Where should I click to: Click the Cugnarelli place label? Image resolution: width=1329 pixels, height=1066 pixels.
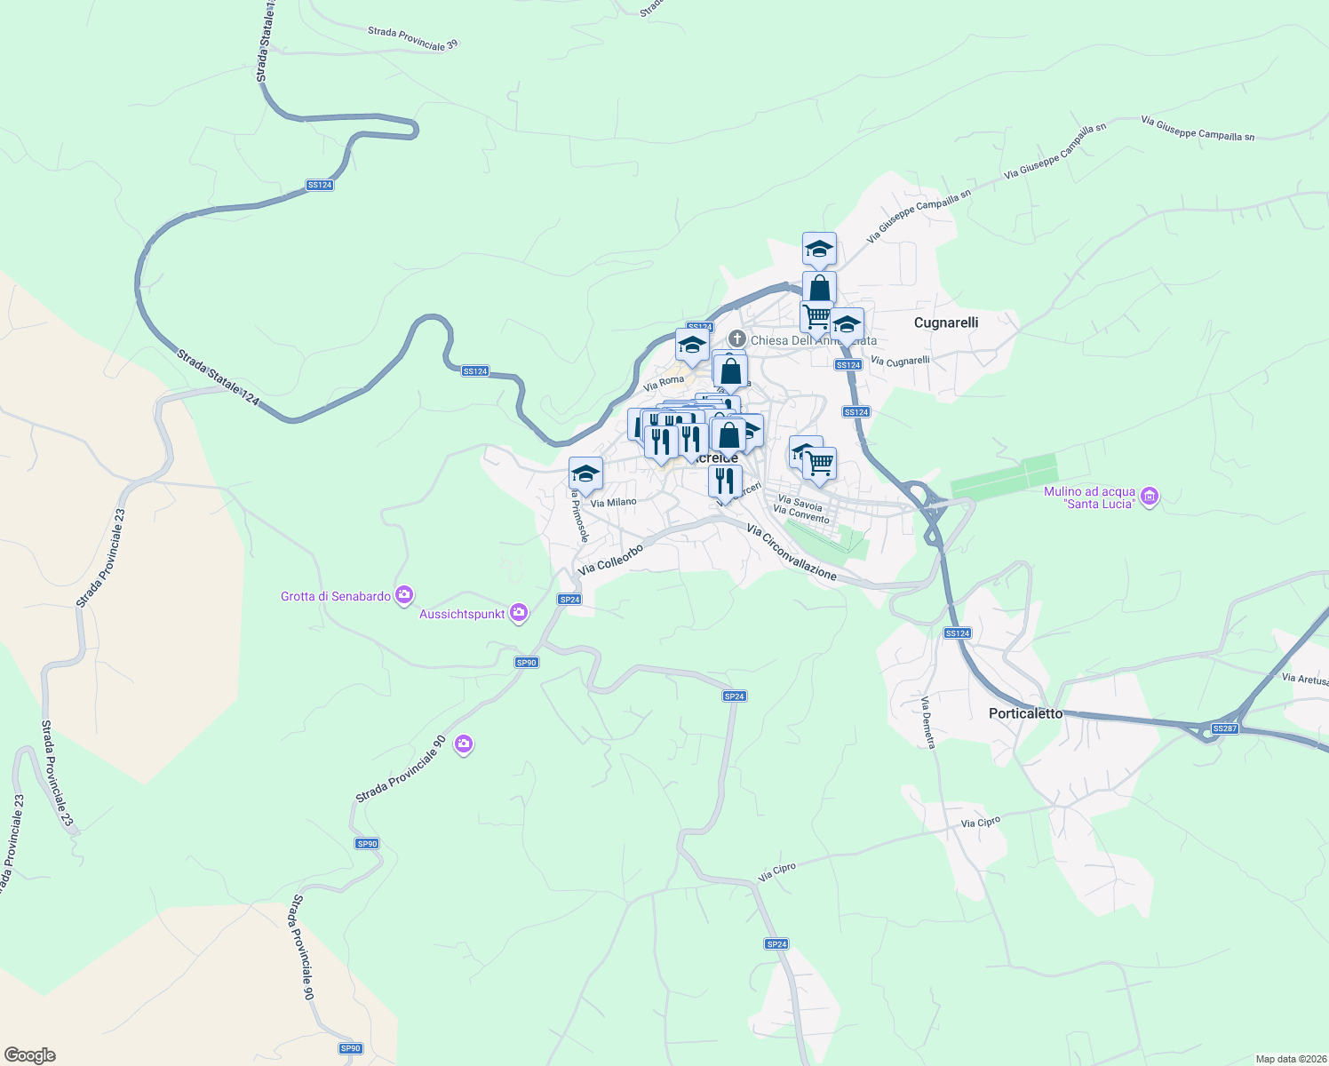tap(946, 322)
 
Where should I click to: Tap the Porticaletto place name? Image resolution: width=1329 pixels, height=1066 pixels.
tap(1025, 713)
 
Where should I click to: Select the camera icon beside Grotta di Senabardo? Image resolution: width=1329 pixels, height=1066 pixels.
tap(405, 594)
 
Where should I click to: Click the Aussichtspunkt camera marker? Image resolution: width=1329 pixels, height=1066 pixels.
tap(519, 612)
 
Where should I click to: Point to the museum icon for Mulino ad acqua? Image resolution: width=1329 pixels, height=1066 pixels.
tap(1150, 496)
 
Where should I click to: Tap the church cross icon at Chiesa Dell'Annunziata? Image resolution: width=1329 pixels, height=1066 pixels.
tap(736, 338)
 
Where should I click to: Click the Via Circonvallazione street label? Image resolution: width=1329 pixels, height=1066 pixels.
tap(792, 553)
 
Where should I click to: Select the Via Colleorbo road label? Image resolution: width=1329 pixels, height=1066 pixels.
tap(609, 560)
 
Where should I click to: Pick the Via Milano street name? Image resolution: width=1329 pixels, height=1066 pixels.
tap(613, 503)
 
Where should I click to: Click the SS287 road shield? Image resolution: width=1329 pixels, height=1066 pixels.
tap(1224, 728)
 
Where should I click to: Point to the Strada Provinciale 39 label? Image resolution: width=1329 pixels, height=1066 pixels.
tap(412, 38)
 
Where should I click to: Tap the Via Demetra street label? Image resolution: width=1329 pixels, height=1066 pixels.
tap(928, 722)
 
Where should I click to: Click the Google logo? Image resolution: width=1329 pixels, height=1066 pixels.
tap(29, 1055)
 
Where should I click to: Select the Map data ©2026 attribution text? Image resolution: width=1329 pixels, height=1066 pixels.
tap(1288, 1059)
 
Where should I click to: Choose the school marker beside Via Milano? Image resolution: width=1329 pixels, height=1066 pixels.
tap(585, 473)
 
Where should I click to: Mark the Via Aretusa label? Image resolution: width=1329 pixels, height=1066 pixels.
tap(1304, 679)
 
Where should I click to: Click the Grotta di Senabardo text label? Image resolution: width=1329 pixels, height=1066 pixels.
tap(336, 596)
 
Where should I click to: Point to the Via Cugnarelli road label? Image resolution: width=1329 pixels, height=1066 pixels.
tap(900, 361)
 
